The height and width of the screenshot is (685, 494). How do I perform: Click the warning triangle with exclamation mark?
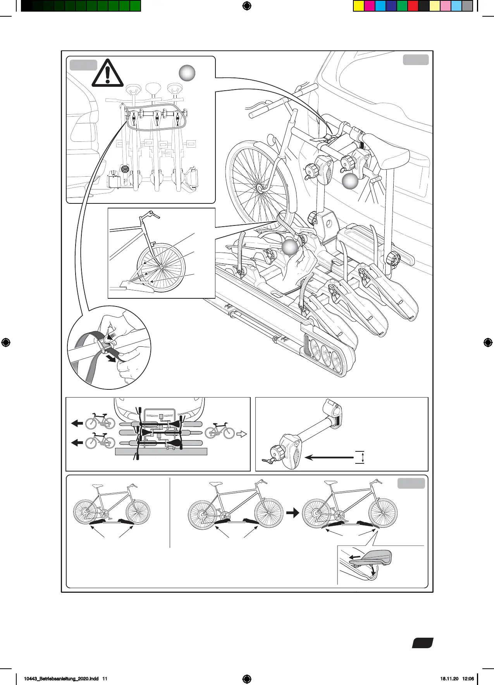108,74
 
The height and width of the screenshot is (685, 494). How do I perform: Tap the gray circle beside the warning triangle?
187,73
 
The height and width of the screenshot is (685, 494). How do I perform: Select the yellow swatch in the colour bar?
359,6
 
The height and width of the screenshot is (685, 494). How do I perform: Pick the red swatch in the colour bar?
413,6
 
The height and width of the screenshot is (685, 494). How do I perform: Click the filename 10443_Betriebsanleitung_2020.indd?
61,678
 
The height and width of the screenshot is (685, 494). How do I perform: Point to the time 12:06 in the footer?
468,678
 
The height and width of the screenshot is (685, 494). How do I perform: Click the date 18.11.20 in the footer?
449,678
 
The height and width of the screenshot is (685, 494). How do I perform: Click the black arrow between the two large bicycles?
293,513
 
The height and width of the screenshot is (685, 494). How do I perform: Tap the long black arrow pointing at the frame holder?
329,458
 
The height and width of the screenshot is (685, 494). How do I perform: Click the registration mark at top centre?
247,6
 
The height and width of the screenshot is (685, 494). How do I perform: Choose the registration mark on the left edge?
5,342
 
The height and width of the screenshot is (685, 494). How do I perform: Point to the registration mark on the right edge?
488,342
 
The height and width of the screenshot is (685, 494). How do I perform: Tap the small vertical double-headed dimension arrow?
362,457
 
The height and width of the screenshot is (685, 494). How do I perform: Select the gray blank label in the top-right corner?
416,60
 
